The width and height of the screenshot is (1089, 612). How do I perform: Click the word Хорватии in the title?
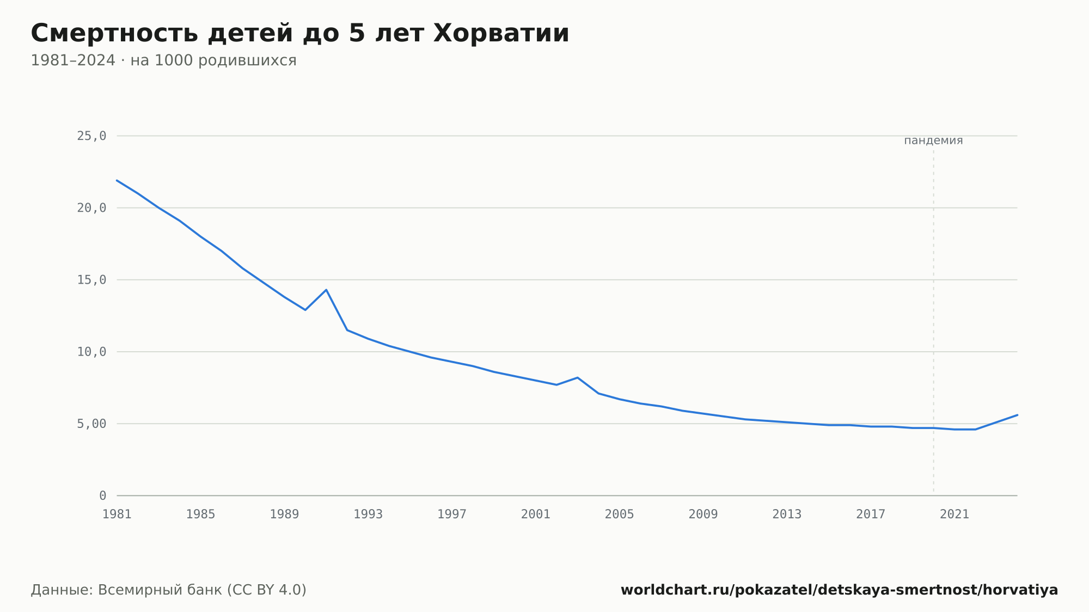(x=501, y=33)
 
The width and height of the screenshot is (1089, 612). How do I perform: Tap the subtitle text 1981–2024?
(x=73, y=60)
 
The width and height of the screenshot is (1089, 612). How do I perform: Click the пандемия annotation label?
(x=933, y=140)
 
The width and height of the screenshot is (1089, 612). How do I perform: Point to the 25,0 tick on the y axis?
(x=91, y=136)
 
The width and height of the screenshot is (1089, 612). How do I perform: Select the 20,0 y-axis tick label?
(x=91, y=208)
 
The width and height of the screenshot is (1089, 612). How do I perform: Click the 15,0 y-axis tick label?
(x=91, y=280)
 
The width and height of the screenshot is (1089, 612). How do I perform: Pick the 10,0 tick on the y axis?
(x=91, y=352)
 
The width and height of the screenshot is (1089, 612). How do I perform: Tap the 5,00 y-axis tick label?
(x=91, y=424)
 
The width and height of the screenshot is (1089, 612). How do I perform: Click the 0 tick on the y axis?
(x=103, y=496)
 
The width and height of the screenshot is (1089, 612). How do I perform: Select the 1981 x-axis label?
(x=117, y=515)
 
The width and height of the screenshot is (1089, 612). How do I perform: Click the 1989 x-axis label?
(x=284, y=515)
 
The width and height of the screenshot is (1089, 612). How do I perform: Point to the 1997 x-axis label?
(x=452, y=515)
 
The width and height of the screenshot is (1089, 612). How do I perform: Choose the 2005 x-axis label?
(x=620, y=515)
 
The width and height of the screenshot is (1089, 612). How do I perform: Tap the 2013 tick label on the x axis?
(x=787, y=515)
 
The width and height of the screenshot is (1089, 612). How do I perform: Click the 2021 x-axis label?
(x=955, y=515)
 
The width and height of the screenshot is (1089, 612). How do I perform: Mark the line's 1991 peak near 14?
(x=326, y=290)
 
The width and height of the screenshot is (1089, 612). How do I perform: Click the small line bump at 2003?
(x=577, y=377)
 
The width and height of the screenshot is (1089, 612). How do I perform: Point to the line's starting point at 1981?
(x=117, y=180)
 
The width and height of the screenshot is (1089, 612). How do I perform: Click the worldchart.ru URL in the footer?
(x=839, y=590)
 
